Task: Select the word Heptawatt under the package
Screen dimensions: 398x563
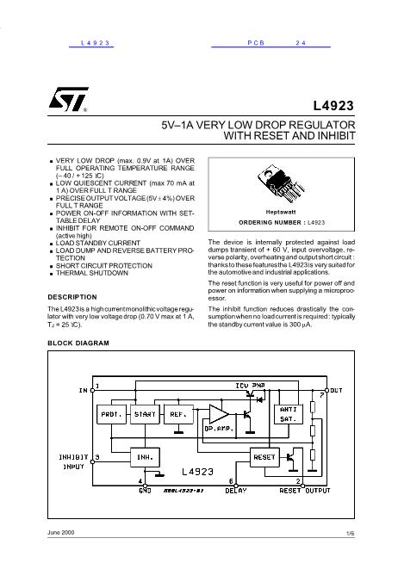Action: pos(281,211)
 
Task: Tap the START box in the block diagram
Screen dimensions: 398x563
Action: pos(146,414)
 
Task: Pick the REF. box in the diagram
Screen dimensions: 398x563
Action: pos(179,414)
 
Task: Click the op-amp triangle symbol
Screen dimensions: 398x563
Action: pos(213,421)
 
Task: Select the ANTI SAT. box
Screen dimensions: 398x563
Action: pos(287,414)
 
